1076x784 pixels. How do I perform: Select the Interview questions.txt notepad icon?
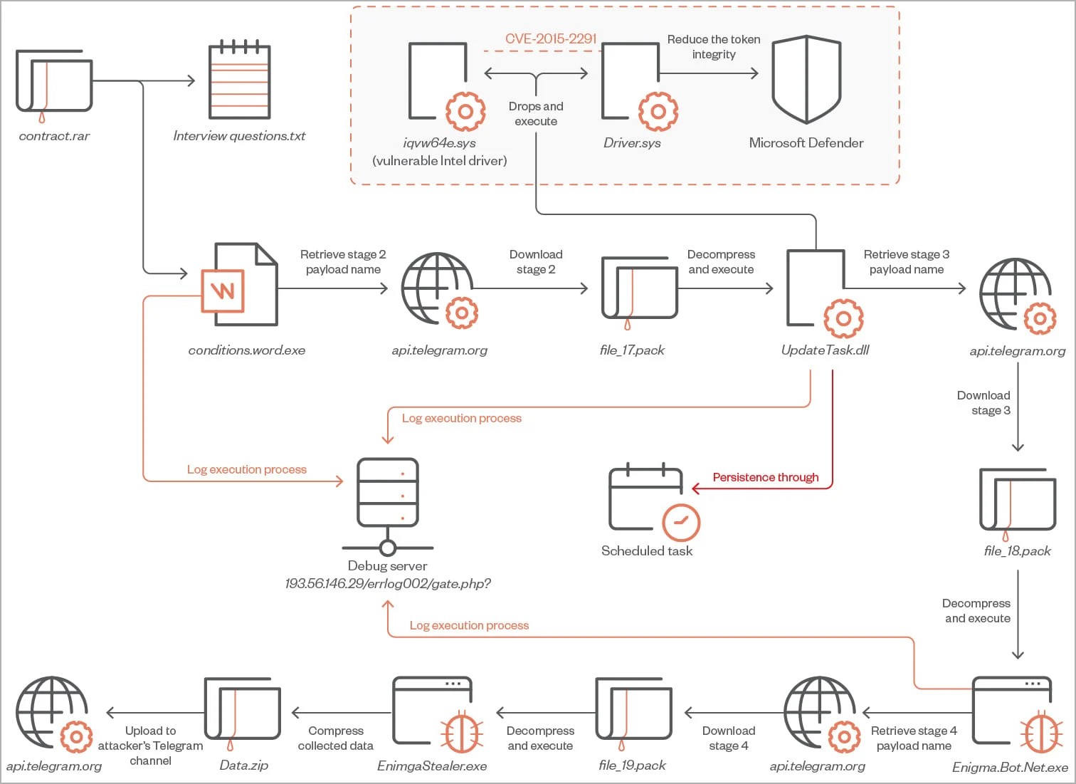239,80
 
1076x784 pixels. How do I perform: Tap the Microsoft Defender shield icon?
806,80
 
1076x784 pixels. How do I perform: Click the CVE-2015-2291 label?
551,39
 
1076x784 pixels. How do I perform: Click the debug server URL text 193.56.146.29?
388,584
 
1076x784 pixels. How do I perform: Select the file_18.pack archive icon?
1017,501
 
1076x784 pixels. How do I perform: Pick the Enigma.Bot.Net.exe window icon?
1012,714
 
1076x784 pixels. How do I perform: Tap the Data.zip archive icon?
242,712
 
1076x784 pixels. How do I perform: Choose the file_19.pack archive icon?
633,712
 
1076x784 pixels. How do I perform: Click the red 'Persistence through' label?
766,477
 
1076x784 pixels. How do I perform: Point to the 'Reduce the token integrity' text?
714,47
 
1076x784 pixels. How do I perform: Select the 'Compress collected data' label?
336,738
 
